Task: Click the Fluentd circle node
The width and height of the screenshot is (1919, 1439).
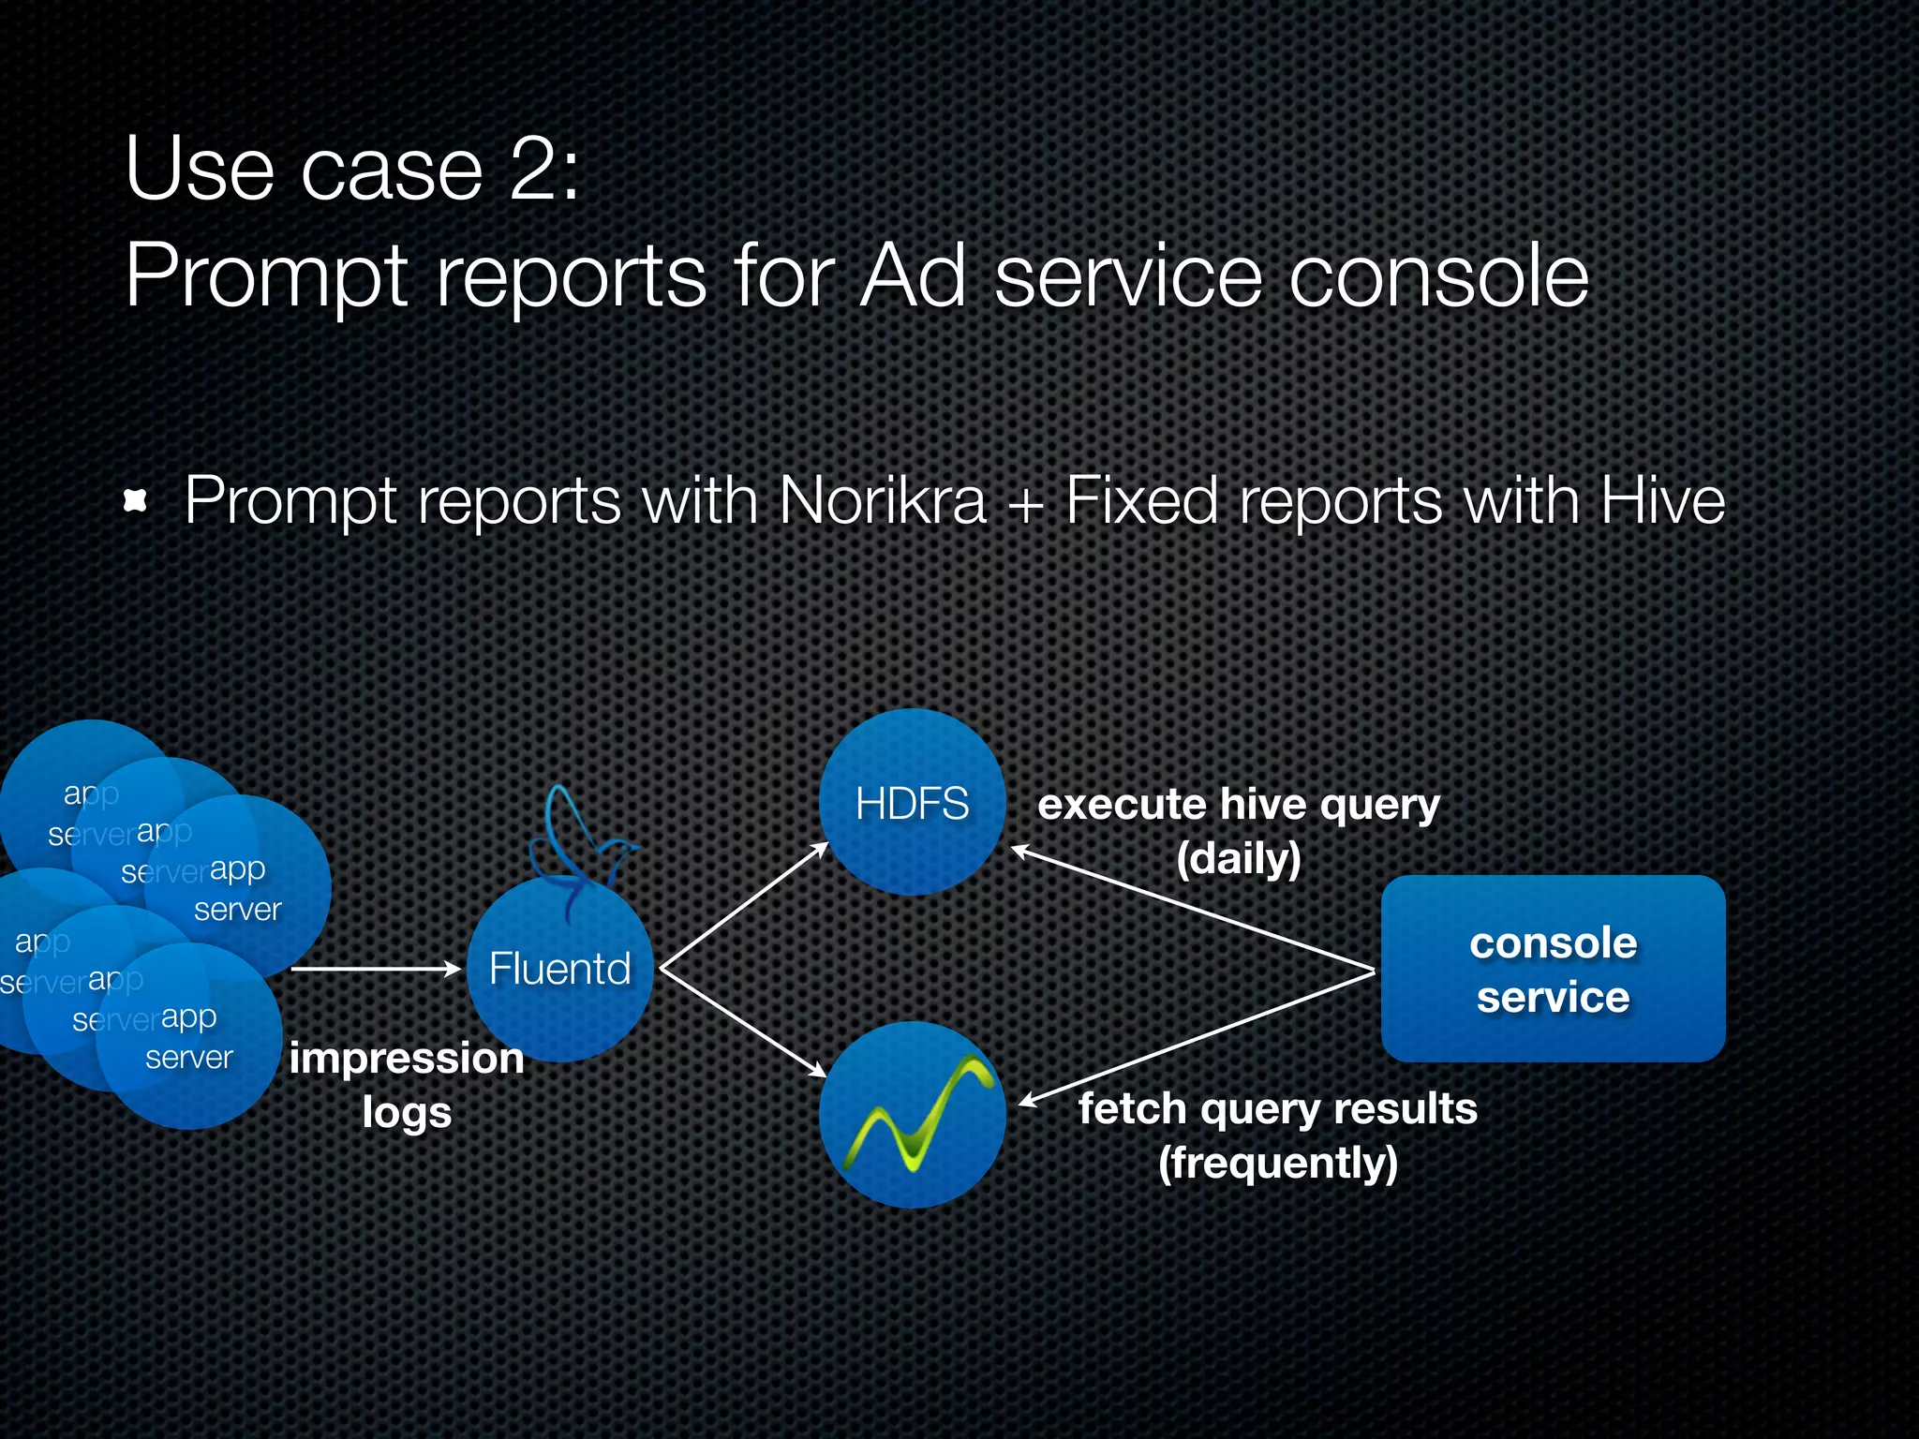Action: coord(559,970)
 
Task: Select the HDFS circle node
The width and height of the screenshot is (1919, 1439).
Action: coord(912,804)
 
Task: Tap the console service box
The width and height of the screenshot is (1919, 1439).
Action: coord(1553,969)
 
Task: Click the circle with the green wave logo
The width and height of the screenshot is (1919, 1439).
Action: coord(912,1115)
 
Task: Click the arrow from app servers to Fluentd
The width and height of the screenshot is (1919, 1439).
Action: coord(375,969)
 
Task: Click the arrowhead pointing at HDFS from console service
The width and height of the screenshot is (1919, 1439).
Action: coord(1021,851)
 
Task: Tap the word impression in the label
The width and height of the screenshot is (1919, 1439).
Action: coord(407,1059)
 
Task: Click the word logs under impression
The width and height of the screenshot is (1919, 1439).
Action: coord(407,1113)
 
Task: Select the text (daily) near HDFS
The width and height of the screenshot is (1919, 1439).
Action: coord(1238,858)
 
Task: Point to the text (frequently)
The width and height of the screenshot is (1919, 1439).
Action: coord(1278,1163)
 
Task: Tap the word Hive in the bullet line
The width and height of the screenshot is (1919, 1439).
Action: coord(1662,500)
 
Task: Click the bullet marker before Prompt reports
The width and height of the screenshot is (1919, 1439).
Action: coord(137,501)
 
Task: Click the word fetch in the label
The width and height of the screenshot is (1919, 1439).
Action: coord(1132,1108)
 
